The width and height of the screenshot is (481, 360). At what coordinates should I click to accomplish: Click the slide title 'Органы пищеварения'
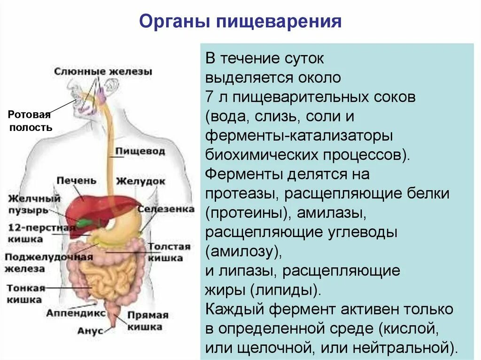click(x=240, y=23)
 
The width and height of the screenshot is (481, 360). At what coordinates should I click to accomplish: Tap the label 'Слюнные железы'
click(x=103, y=72)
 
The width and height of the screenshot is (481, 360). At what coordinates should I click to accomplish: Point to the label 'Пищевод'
click(x=140, y=152)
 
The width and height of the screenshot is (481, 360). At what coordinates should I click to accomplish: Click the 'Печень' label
click(x=76, y=180)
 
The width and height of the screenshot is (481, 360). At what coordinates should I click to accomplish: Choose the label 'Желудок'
click(x=141, y=181)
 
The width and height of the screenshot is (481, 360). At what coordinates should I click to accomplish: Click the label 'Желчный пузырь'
click(x=34, y=204)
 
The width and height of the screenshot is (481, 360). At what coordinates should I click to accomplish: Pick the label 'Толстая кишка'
click(x=170, y=252)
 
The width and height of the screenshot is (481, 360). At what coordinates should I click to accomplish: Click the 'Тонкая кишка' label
click(x=25, y=294)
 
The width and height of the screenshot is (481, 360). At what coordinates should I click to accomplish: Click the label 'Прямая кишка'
click(x=147, y=321)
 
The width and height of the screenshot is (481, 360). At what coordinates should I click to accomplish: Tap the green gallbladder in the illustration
click(x=85, y=222)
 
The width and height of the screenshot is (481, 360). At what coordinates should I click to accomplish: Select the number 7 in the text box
click(x=209, y=98)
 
